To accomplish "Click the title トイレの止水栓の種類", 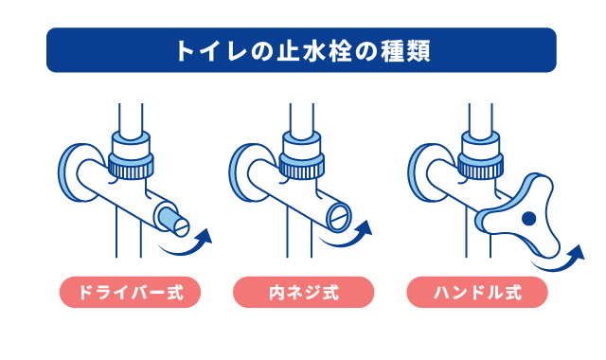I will (301, 50).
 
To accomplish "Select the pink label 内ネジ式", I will (301, 291).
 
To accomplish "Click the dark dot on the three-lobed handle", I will (527, 219).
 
